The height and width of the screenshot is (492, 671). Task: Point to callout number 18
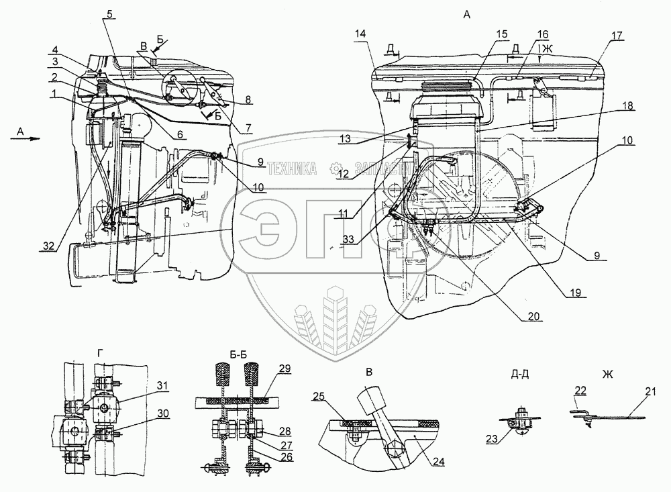[627, 105]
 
